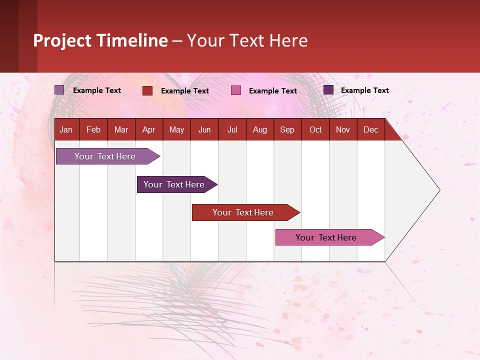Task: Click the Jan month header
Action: click(x=66, y=130)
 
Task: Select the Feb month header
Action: click(x=93, y=130)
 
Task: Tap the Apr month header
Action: click(x=148, y=130)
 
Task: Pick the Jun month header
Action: click(x=204, y=130)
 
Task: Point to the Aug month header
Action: click(x=259, y=130)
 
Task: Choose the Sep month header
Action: click(x=287, y=130)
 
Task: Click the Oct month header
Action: click(x=315, y=130)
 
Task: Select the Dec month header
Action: click(x=370, y=130)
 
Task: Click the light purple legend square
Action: click(x=59, y=90)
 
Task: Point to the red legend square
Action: click(x=147, y=90)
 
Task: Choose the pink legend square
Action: click(x=236, y=90)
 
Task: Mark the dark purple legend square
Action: click(x=328, y=90)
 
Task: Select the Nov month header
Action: click(x=342, y=130)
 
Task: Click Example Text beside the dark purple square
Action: click(x=364, y=90)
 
